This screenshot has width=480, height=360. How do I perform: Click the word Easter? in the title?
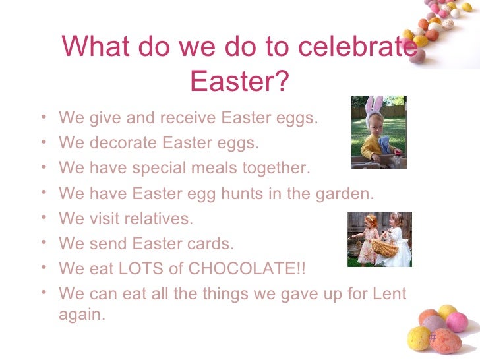click(x=239, y=81)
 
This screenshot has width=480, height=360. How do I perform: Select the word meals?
click(x=216, y=168)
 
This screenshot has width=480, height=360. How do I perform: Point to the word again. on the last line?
click(x=82, y=315)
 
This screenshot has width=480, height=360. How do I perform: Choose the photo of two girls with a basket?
click(x=379, y=239)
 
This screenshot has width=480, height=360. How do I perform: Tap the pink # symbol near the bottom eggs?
click(x=433, y=338)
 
